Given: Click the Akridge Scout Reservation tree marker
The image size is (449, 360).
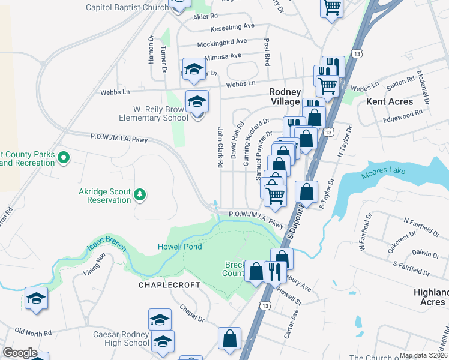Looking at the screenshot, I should pos(139,194).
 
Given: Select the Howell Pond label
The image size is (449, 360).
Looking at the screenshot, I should pos(179,247).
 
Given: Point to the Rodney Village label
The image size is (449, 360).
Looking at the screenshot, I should pos(285,97).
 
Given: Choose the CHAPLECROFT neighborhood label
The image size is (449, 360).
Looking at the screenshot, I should pos(170,285).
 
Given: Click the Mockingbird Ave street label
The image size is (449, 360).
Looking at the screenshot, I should pos(223,42).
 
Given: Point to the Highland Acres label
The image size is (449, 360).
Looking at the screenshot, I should pos(430,297).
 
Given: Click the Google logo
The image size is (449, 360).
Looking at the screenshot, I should pos(20,353).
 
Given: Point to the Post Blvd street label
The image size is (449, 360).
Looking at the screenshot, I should pos(265,53).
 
